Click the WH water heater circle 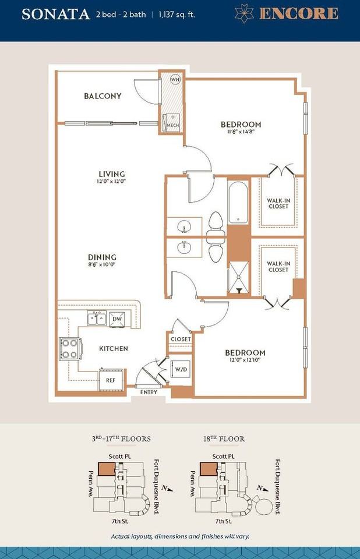click(175, 79)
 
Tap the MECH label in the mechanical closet click(172, 126)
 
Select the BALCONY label click(103, 96)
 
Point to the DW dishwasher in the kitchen click(117, 319)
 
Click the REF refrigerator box click(111, 380)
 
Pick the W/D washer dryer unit click(181, 370)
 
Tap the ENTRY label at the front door click(149, 392)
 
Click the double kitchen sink click(97, 318)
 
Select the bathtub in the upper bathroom click(238, 203)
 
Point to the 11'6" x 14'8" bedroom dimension click(241, 132)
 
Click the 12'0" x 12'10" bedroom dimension click(245, 360)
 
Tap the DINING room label click(103, 257)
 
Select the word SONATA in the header click(56, 14)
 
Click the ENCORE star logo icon click(245, 14)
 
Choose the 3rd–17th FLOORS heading click(121, 438)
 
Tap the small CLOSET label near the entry click(181, 339)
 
